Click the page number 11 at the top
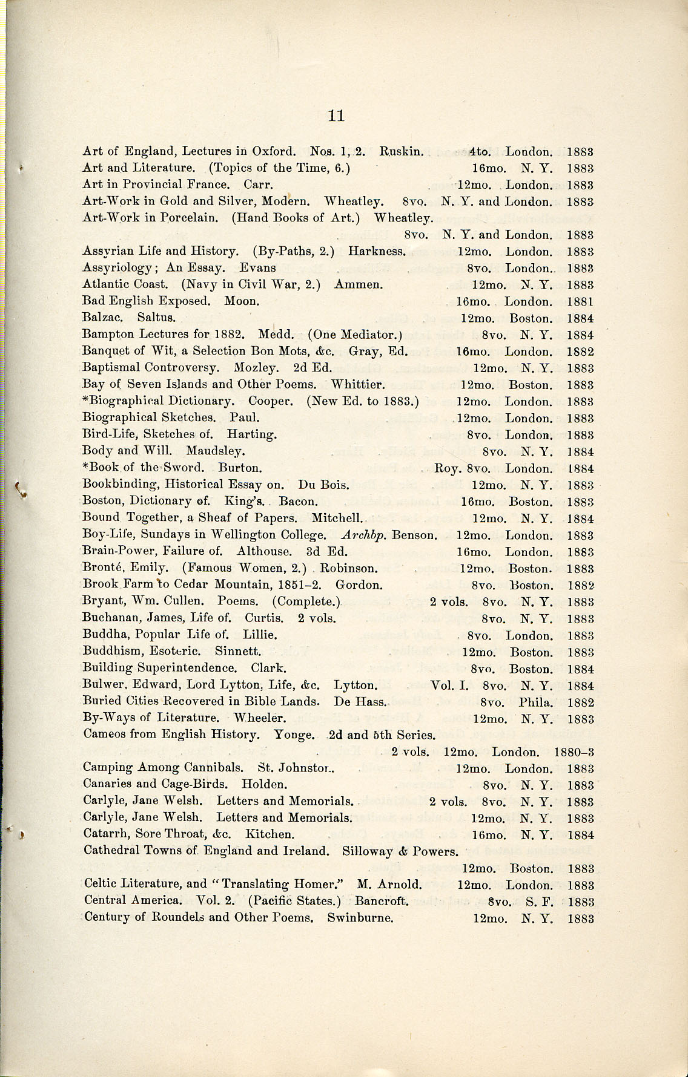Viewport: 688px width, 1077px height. [336, 116]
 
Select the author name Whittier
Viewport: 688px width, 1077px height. [357, 384]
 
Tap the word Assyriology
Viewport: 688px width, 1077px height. [116, 268]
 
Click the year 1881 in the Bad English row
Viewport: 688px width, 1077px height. [580, 301]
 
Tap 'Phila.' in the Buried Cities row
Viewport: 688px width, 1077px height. [536, 702]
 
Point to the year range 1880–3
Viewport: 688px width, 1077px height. [574, 752]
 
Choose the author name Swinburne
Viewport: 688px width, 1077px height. [360, 917]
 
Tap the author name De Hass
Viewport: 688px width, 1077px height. [360, 702]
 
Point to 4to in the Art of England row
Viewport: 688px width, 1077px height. [480, 151]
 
